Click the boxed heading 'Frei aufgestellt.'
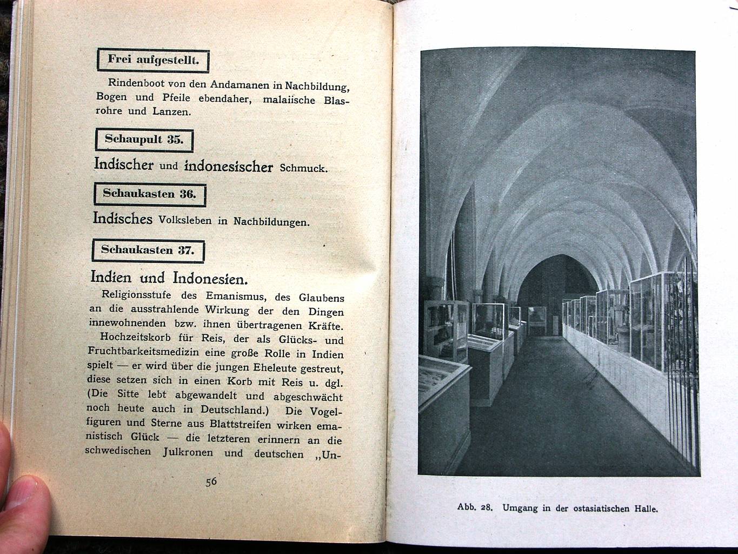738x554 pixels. [153, 60]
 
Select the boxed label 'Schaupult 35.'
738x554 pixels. [144, 140]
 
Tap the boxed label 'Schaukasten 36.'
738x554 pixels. [149, 194]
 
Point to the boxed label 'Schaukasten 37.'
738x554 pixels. [147, 250]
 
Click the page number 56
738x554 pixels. [211, 481]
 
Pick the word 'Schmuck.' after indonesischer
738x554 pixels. [303, 168]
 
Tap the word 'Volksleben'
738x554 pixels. [185, 220]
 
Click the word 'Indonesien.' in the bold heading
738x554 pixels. [210, 279]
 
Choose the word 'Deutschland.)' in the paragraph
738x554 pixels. [234, 410]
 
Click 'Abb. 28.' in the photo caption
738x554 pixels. [475, 507]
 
